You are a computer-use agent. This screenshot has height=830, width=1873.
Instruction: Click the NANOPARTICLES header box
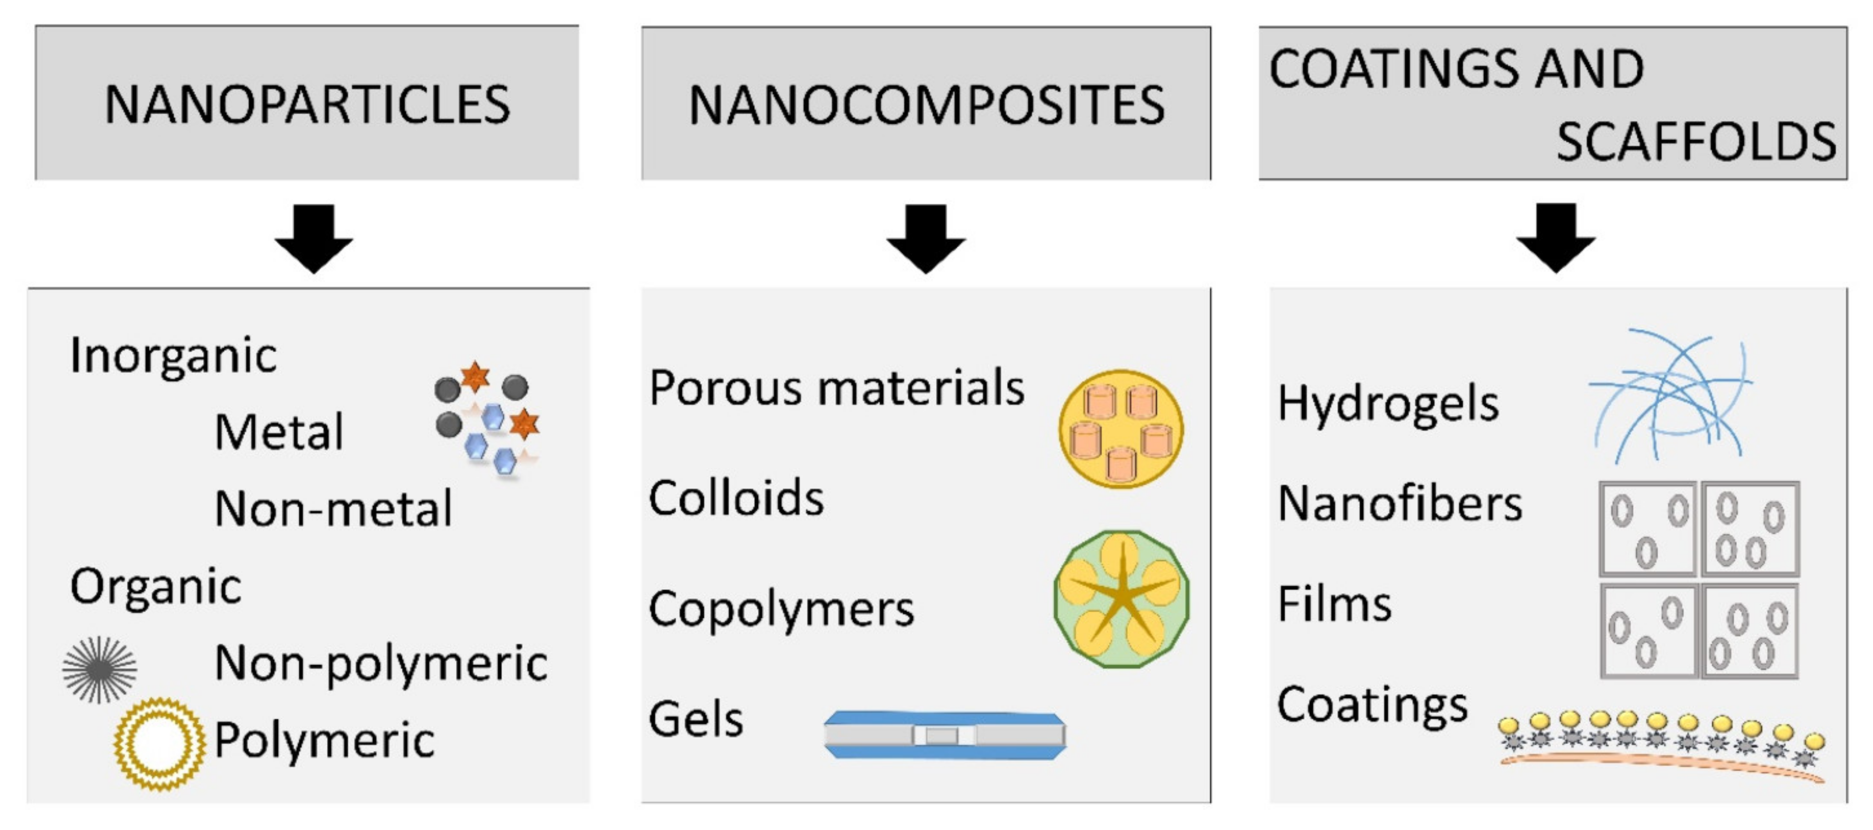pos(307,103)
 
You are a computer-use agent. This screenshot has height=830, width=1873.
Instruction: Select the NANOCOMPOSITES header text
pos(926,106)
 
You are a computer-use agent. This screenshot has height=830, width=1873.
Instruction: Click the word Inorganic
pos(173,356)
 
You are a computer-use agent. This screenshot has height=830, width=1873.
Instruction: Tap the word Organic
pos(156,586)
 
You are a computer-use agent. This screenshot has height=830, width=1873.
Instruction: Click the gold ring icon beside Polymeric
pos(159,743)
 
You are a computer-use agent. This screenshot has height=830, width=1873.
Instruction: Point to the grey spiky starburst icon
pos(99,670)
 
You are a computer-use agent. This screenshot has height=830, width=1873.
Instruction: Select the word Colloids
pos(736,499)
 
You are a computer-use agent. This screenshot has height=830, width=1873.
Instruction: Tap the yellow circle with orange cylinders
pos(1121,429)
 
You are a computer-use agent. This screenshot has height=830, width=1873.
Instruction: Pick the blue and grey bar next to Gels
pos(945,735)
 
